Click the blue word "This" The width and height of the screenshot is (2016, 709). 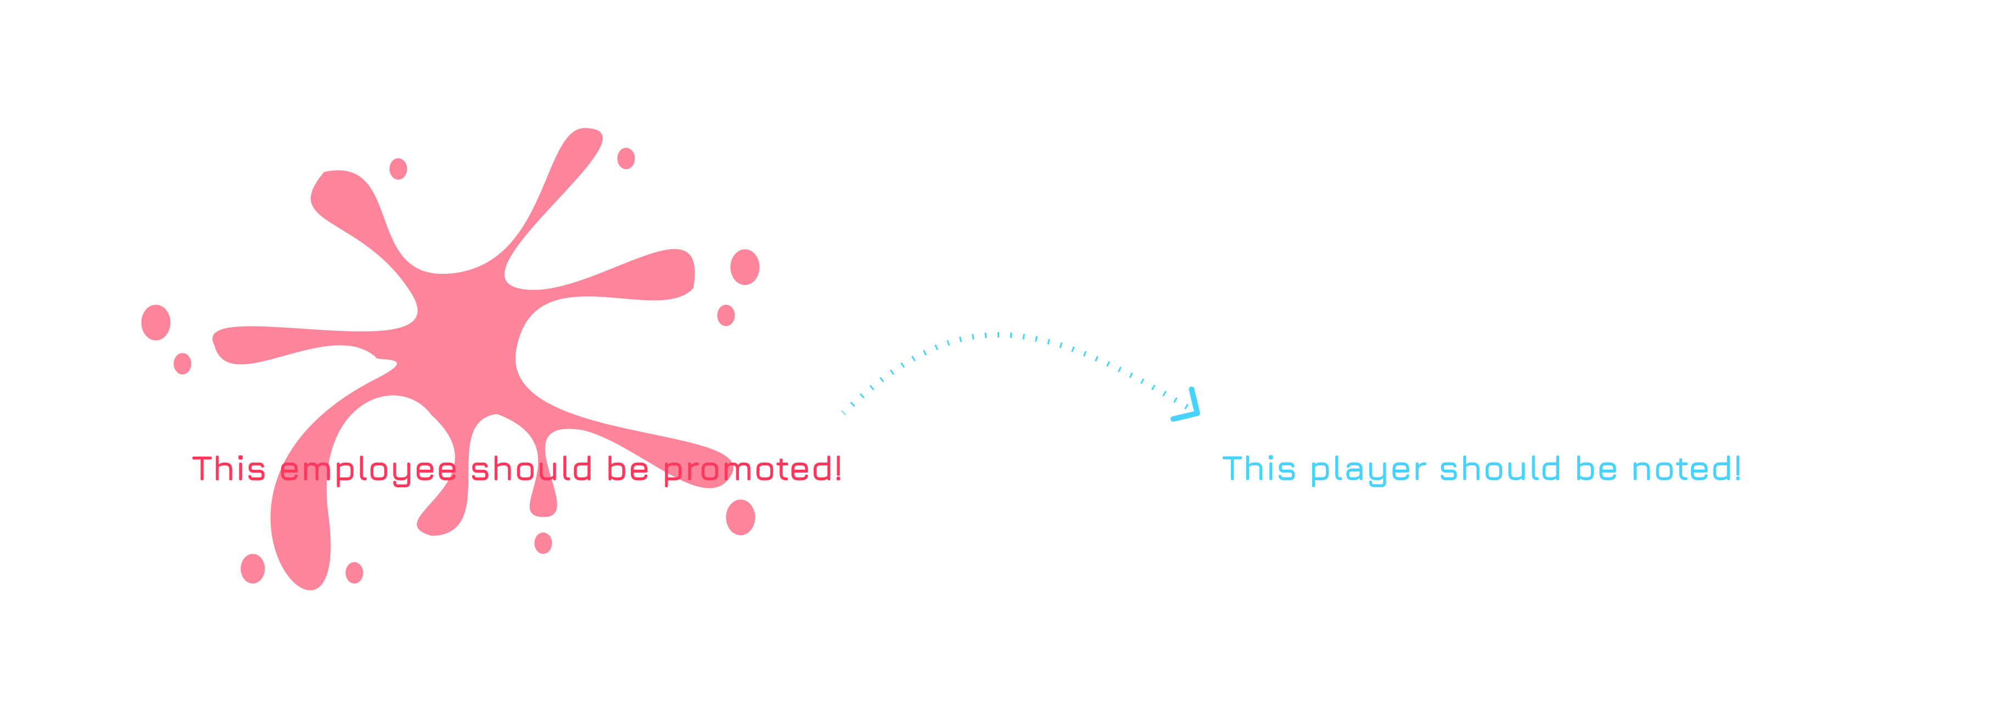point(1258,469)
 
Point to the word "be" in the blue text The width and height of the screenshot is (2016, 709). point(1596,468)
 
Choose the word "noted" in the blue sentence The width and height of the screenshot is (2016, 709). point(1679,468)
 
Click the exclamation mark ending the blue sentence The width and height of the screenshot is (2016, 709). point(1738,468)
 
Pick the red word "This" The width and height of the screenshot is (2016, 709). point(228,469)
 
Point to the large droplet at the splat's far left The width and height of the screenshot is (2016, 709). point(156,323)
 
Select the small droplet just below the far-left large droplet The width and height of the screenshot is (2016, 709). point(182,363)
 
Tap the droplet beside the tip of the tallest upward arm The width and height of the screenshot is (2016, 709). point(626,158)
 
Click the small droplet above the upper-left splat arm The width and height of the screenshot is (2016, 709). point(399,168)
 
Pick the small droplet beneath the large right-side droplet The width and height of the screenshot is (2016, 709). point(726,316)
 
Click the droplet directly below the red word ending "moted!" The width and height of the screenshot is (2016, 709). point(740,517)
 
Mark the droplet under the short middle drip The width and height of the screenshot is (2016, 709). point(543,542)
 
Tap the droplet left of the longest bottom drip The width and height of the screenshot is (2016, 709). point(253,568)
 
